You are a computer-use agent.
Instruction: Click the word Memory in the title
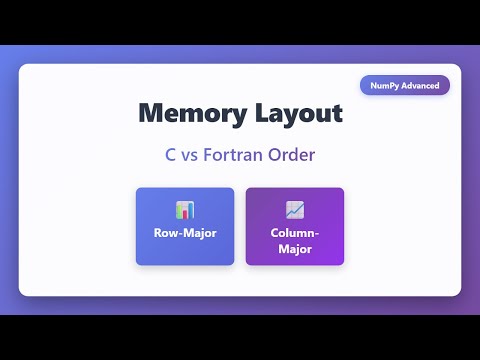click(188, 113)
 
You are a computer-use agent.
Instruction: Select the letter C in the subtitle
click(172, 156)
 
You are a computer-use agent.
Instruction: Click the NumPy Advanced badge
click(405, 85)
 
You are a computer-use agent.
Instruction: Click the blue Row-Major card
click(185, 226)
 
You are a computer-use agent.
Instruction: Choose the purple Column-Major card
click(294, 226)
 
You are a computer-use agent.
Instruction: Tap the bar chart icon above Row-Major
click(185, 210)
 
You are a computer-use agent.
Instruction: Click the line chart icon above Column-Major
click(294, 210)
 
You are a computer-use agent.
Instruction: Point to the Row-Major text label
click(185, 233)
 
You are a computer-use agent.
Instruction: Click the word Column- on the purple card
click(294, 233)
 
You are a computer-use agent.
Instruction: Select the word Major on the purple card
click(294, 248)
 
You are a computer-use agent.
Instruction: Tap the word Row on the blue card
click(165, 233)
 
